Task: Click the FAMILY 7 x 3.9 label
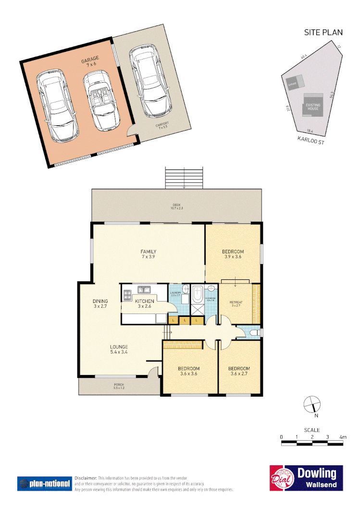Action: point(148,254)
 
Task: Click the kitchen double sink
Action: point(144,290)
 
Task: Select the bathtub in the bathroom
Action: point(198,296)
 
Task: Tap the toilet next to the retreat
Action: point(255,332)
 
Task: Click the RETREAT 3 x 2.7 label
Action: point(236,303)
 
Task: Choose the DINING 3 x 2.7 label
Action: point(100,304)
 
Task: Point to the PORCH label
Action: point(118,386)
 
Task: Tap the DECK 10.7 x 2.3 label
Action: point(177,206)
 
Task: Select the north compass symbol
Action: point(311,405)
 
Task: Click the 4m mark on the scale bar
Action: point(343,437)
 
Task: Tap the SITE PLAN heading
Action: point(323,33)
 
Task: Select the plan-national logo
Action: point(44,483)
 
